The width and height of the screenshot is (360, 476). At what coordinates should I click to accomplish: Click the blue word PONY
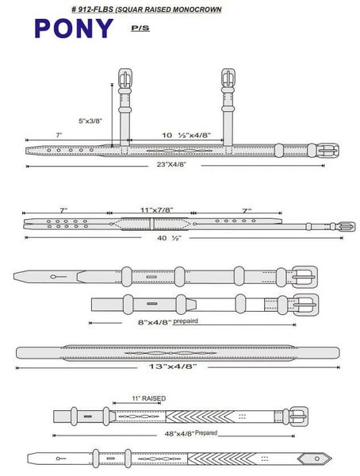(74, 29)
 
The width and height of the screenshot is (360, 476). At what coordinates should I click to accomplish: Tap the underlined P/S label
(140, 29)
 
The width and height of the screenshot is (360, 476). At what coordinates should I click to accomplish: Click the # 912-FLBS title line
(147, 10)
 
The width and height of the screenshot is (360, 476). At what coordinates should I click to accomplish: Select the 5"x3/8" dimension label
(90, 121)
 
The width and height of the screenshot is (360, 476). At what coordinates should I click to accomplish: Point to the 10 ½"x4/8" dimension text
(186, 135)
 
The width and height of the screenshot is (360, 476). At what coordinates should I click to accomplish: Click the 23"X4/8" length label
(171, 164)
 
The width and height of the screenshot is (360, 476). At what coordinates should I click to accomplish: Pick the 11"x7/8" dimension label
(157, 209)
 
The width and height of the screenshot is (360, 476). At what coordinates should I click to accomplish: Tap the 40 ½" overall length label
(169, 238)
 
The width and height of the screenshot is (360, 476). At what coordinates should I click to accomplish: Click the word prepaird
(186, 321)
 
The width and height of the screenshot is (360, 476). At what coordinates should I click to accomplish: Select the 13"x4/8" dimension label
(172, 367)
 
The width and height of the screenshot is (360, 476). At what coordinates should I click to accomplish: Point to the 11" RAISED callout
(149, 398)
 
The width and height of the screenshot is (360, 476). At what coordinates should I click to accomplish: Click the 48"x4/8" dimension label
(179, 434)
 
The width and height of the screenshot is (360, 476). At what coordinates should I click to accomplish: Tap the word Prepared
(206, 432)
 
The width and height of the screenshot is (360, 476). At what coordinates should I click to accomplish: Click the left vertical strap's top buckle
(124, 78)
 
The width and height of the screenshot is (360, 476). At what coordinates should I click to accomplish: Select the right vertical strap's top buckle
(228, 78)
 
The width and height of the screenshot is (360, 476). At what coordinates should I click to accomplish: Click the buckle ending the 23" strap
(327, 151)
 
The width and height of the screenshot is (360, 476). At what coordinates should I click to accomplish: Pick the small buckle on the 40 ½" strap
(347, 226)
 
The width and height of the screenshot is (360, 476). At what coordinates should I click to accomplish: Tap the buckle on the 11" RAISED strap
(298, 416)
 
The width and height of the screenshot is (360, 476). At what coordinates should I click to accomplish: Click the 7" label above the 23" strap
(59, 135)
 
